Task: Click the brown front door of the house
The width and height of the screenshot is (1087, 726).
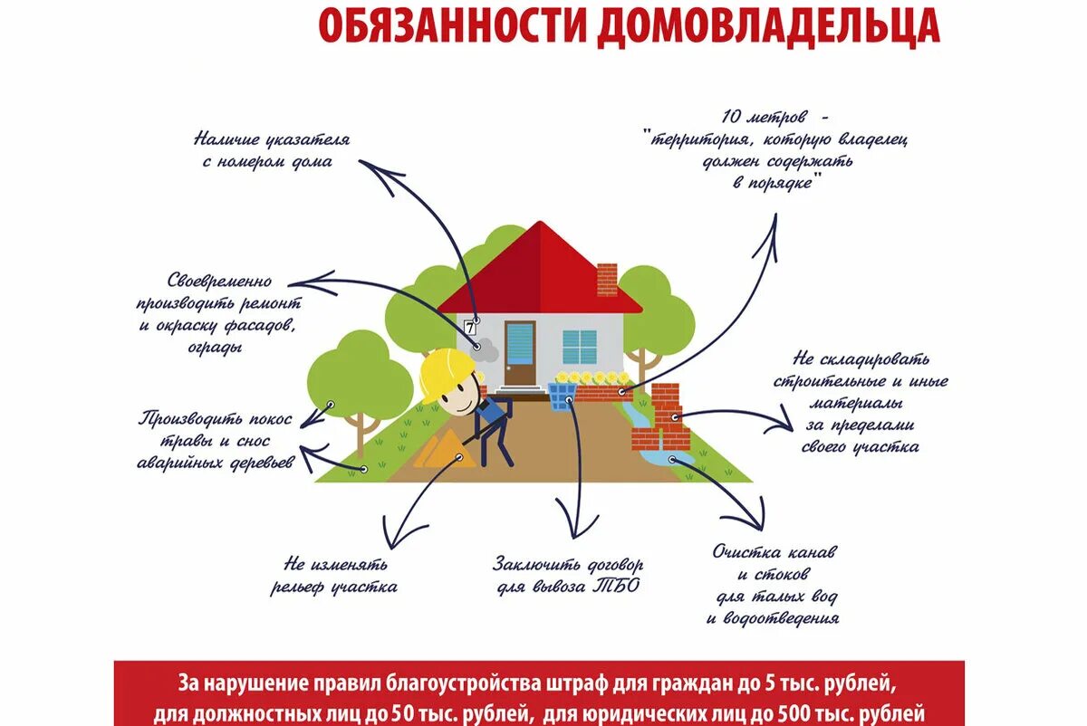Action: click(x=520, y=353)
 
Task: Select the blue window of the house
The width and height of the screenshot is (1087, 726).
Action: click(x=580, y=347)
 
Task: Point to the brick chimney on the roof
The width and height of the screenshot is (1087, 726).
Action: click(x=607, y=279)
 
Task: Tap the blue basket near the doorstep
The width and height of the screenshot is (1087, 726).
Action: click(x=563, y=396)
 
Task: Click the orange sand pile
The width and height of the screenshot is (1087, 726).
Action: click(x=444, y=450)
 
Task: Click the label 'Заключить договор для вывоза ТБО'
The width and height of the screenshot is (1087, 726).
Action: click(x=569, y=574)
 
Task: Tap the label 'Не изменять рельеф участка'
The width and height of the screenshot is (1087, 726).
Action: click(x=333, y=576)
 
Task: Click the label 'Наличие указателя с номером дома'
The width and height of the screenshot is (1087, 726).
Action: click(x=271, y=150)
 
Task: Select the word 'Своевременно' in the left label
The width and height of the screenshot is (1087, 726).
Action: click(x=219, y=282)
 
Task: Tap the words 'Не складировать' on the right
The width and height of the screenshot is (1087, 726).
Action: click(x=861, y=360)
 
